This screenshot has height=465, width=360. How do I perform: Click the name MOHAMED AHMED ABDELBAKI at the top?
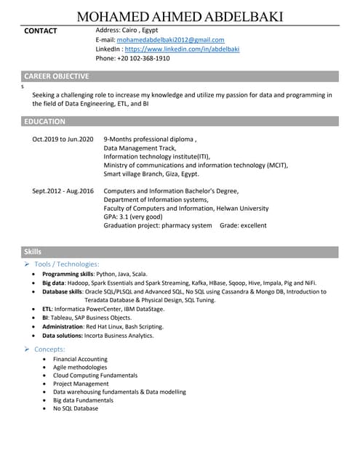180,17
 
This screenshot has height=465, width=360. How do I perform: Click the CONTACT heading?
41,31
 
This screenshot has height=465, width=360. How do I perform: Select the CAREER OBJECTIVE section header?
57,76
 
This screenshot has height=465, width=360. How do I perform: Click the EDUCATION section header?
45,121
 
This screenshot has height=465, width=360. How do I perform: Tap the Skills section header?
33,251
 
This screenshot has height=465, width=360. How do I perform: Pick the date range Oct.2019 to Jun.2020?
63,139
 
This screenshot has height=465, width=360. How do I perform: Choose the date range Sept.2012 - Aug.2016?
63,191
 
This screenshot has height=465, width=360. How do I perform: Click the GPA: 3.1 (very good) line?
133,217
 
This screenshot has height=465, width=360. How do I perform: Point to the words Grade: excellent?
244,225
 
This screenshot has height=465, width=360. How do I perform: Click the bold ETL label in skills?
47,310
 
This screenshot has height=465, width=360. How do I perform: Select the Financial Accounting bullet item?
80,360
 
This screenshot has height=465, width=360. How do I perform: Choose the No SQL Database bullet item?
76,409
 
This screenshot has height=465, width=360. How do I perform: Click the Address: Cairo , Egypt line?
127,31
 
